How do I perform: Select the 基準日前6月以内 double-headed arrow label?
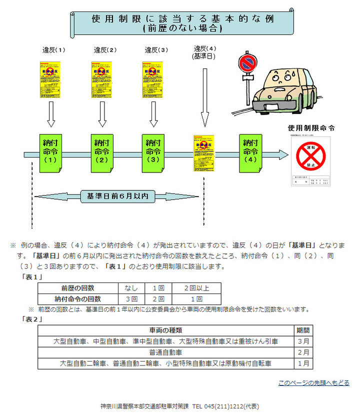[x=117, y=195]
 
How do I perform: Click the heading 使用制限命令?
[x=311, y=128]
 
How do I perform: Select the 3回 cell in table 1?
[x=131, y=299]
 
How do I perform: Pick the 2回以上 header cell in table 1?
[x=196, y=288]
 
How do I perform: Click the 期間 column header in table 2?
[x=303, y=330]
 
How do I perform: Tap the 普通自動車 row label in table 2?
[x=165, y=352]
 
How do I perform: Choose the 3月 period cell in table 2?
[x=303, y=341]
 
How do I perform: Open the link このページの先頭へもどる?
[x=313, y=382]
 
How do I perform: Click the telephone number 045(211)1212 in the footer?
[x=225, y=406]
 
